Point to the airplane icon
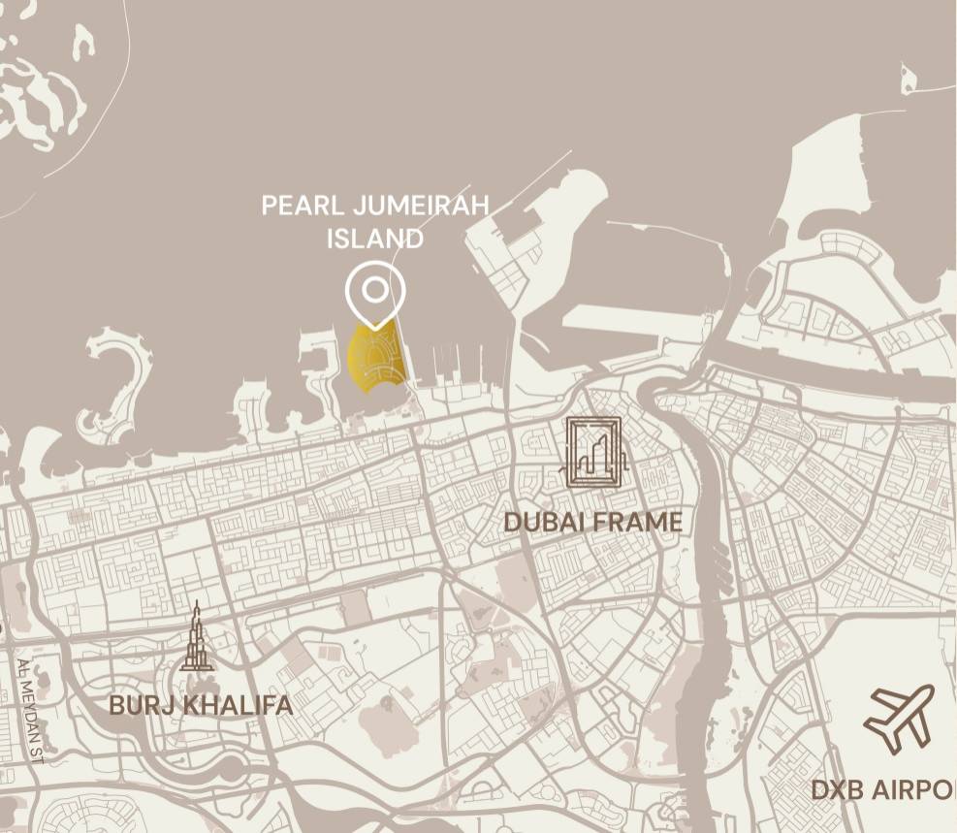tap(899, 719)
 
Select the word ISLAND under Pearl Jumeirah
tap(374, 239)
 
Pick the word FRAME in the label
tap(638, 523)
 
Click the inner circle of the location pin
tap(374, 289)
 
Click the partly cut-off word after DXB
tap(920, 790)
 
